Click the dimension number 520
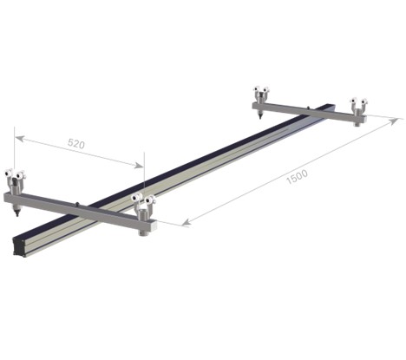75,146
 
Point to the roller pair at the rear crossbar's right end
357,105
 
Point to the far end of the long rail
332,107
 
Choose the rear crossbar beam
308,111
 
